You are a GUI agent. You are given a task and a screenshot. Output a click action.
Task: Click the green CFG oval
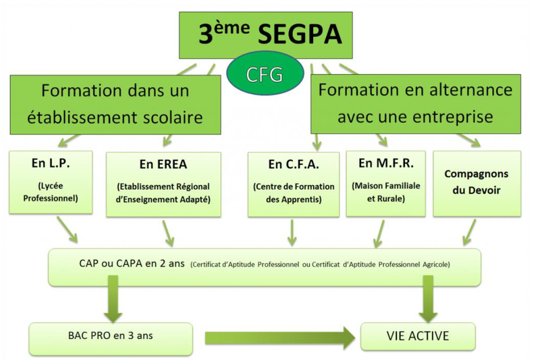265,74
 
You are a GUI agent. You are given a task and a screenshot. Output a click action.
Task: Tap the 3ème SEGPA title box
265,35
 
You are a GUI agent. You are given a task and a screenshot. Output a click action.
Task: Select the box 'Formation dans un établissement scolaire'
115,105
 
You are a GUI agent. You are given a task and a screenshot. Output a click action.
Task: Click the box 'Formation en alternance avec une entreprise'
416,104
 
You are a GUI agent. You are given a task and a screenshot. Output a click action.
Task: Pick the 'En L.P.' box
51,182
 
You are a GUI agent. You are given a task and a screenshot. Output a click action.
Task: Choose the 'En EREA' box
163,184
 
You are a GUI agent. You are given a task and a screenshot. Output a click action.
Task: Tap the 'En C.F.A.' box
294,184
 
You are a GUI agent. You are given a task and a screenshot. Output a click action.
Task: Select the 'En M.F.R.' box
385,184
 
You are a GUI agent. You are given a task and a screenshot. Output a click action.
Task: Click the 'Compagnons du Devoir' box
477,184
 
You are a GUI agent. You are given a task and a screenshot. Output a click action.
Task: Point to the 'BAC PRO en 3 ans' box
111,338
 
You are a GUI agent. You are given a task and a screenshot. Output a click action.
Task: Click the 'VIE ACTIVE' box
418,336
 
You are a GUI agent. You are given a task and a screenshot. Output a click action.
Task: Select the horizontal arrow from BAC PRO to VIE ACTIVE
280,338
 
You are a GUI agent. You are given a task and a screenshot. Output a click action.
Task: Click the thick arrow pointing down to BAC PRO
113,299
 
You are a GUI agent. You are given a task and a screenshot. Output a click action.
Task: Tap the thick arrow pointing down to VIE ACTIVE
428,299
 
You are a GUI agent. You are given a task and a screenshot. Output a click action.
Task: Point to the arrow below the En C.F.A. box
292,232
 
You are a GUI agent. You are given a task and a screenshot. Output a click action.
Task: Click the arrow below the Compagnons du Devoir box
469,232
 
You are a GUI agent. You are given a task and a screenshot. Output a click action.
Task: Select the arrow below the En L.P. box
67,230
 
